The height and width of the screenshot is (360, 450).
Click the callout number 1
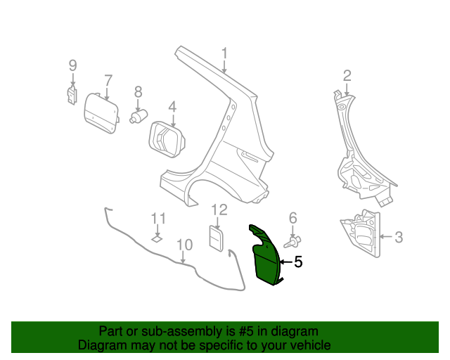click(x=224, y=53)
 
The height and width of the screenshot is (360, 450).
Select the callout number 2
click(x=347, y=75)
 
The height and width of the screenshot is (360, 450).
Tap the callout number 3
click(x=399, y=237)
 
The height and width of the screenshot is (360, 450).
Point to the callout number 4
click(x=172, y=107)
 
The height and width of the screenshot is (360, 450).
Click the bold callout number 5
click(x=298, y=262)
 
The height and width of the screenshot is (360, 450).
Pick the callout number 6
click(x=292, y=218)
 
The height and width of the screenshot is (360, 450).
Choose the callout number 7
click(x=108, y=79)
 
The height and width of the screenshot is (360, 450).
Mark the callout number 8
click(x=138, y=91)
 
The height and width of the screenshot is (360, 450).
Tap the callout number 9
click(x=72, y=65)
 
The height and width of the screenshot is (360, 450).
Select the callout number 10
click(x=184, y=245)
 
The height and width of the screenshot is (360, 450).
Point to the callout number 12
click(x=219, y=210)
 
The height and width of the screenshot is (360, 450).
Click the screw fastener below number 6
click(x=291, y=241)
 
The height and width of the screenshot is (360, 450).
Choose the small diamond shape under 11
click(x=157, y=238)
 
